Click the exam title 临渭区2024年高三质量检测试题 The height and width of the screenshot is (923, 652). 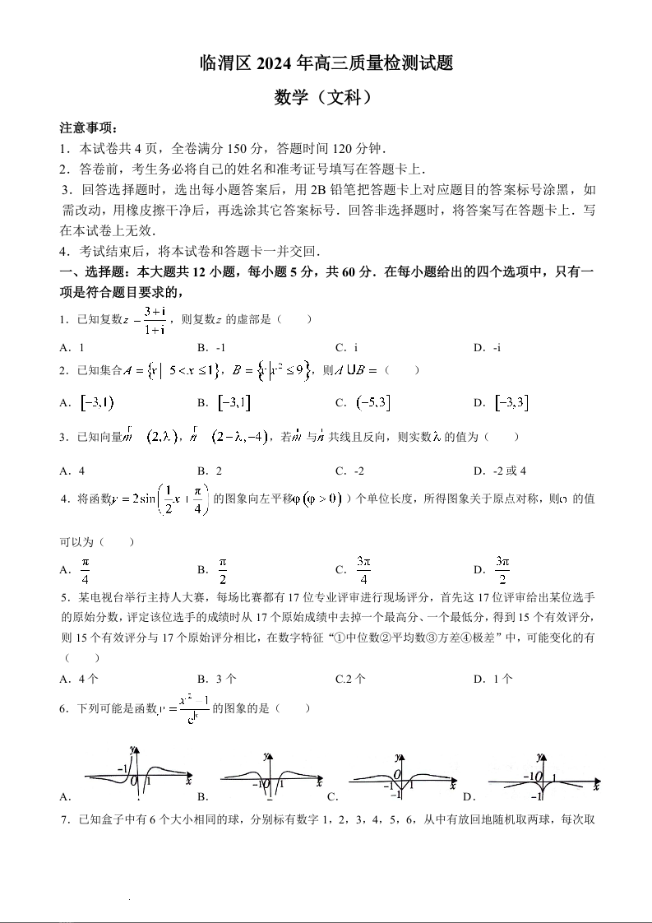(x=326, y=63)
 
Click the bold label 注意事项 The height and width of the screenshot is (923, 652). (x=89, y=128)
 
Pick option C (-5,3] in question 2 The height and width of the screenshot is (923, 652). (x=363, y=402)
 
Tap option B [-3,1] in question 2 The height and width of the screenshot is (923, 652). (x=224, y=402)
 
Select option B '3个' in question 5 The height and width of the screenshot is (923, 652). (x=218, y=679)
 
